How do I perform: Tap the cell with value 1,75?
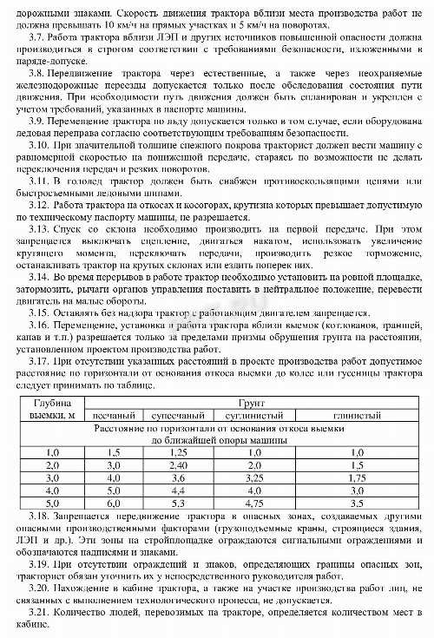pyautogui.click(x=355, y=477)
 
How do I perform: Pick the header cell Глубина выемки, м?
pyautogui.click(x=51, y=410)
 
